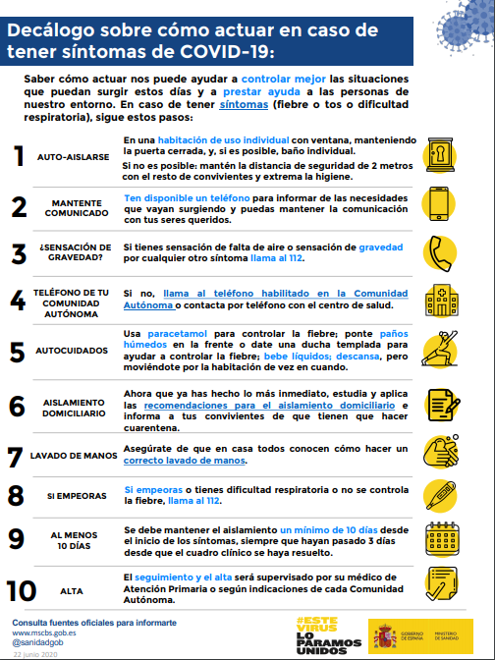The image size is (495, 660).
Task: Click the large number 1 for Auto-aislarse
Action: tap(20, 156)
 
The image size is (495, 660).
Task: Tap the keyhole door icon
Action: tap(440, 154)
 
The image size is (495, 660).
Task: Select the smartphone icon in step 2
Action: tap(439, 203)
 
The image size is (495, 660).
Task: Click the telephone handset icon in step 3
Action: tap(440, 253)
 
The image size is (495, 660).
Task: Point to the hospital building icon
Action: tap(442, 301)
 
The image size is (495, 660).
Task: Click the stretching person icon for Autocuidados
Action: tap(439, 349)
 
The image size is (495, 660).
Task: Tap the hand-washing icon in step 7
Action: tap(441, 451)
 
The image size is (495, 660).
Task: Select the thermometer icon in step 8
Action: tap(441, 495)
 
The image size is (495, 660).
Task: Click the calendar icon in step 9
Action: tap(442, 539)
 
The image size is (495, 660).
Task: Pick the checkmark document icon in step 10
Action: tap(441, 583)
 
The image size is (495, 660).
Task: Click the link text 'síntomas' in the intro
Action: tap(244, 104)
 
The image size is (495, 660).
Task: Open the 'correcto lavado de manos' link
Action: tap(185, 460)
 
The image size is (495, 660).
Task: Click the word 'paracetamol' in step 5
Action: tap(177, 334)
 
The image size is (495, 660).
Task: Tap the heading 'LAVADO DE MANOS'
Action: tap(74, 456)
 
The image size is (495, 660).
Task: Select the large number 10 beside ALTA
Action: tap(21, 591)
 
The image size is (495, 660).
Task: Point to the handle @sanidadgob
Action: tap(38, 642)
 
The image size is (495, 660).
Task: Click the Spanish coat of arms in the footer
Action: tap(385, 636)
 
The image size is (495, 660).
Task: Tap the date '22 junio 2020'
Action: tap(35, 654)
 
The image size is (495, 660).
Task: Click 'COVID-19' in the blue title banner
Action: tap(227, 51)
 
